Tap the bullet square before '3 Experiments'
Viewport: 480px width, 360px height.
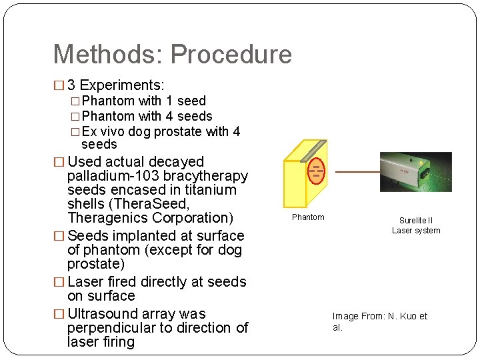click(x=58, y=86)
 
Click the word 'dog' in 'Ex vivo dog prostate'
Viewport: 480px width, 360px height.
click(x=139, y=131)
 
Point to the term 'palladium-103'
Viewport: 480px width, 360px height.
click(x=111, y=176)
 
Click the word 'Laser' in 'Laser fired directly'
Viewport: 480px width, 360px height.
click(x=86, y=282)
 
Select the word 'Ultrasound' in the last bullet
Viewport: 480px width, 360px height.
click(x=103, y=314)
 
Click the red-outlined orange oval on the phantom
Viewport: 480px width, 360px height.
click(x=316, y=171)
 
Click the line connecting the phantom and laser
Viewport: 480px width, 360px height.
click(x=357, y=172)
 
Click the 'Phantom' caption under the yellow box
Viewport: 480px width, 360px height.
click(x=308, y=217)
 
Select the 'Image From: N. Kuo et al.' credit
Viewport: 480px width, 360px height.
click(x=379, y=322)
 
